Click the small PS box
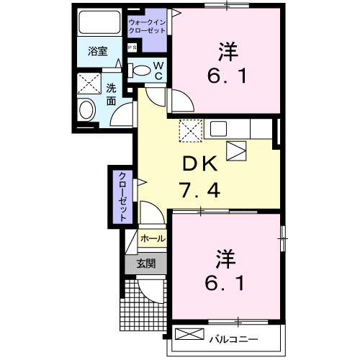tap(131, 48)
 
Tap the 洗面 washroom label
tap(112, 94)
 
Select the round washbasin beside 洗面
tap(87, 111)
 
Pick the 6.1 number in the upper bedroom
tap(229, 76)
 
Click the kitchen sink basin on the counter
tap(219, 129)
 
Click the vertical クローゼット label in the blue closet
tap(122, 195)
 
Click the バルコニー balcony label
tap(233, 337)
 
